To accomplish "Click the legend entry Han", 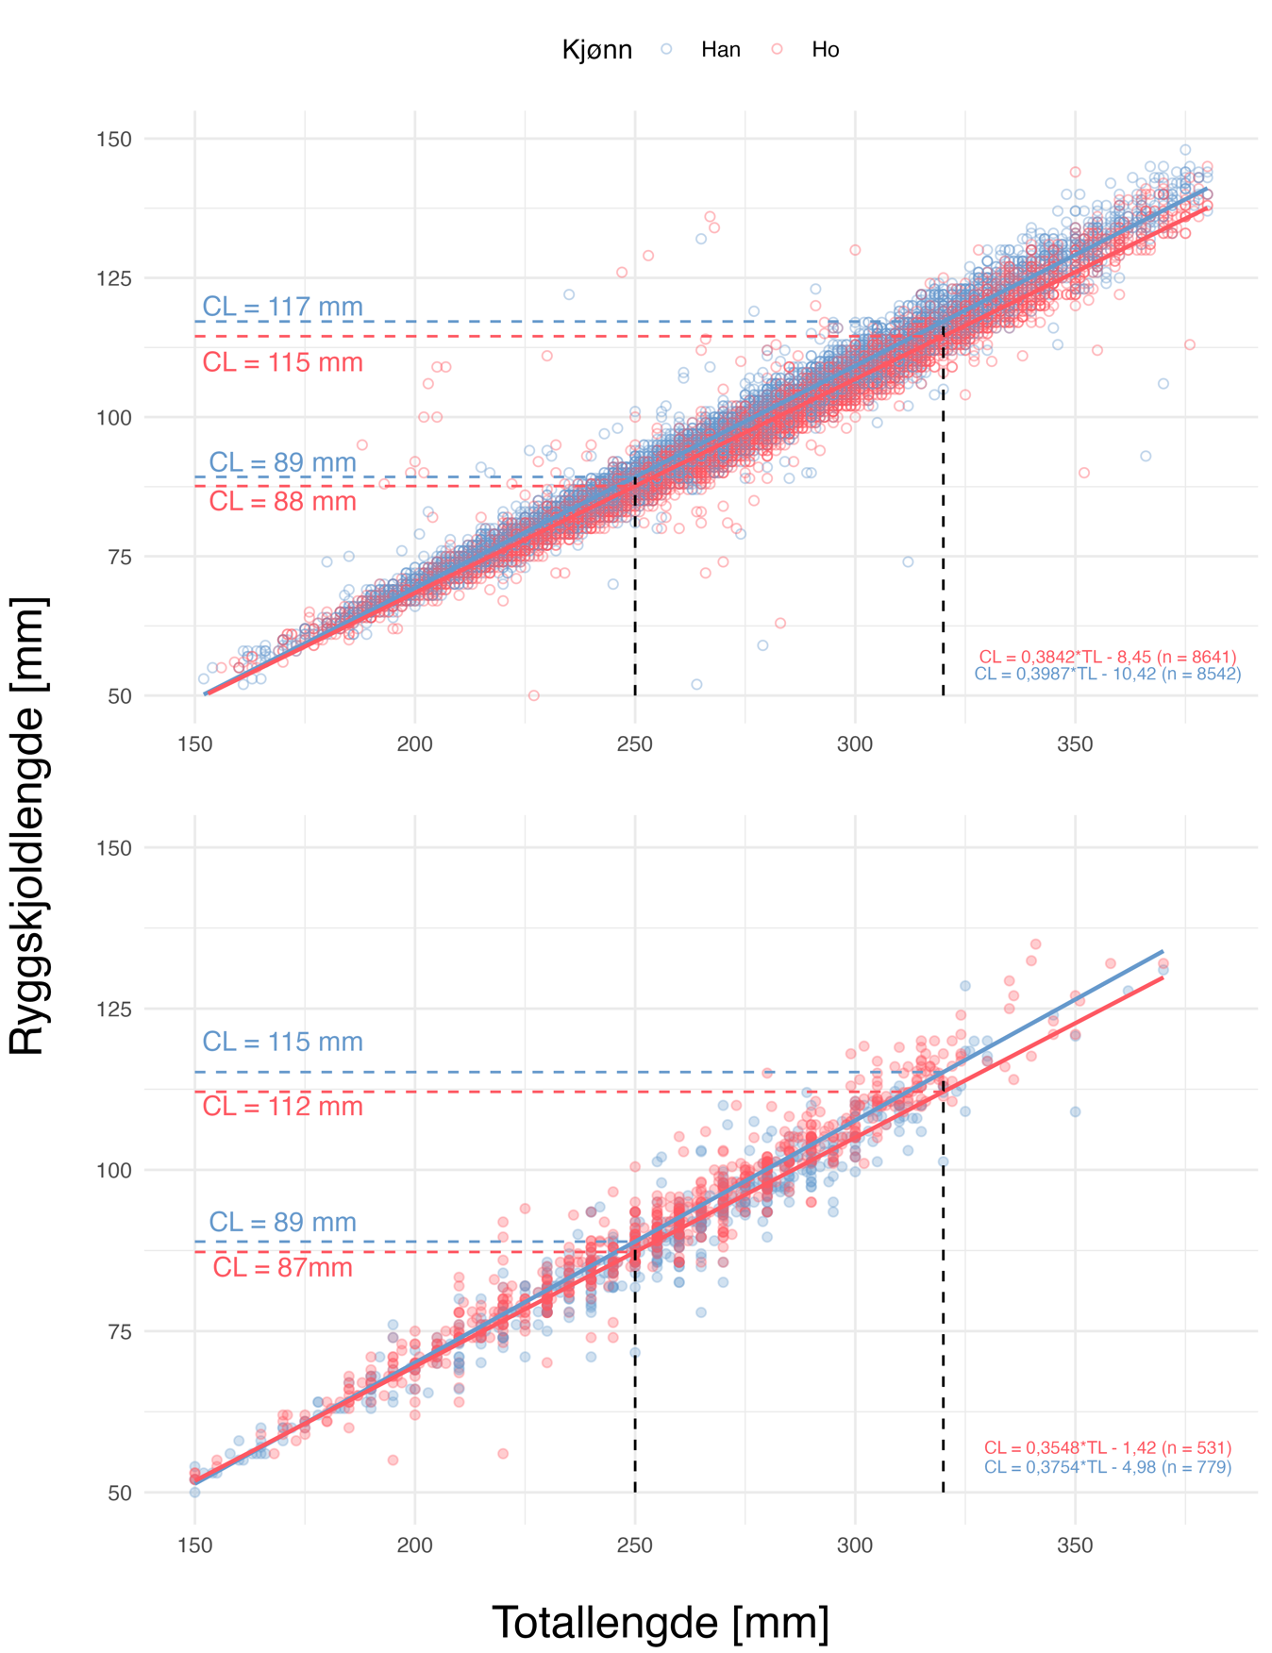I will (x=720, y=50).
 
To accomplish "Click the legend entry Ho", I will (x=825, y=50).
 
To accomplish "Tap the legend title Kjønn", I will (x=596, y=50).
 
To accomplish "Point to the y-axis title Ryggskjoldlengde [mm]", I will (x=27, y=826).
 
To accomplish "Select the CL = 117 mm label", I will (x=282, y=307).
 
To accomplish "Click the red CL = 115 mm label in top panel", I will (x=282, y=362).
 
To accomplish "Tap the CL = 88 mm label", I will (x=282, y=502).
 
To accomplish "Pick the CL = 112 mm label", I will (x=282, y=1106).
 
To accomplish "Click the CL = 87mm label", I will (x=282, y=1267).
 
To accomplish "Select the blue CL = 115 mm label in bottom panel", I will (x=282, y=1042).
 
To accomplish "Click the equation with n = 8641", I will (x=1107, y=657).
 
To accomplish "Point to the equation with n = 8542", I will (x=1107, y=674).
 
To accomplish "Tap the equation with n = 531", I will (x=1107, y=1447).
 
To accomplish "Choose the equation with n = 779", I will (x=1107, y=1467).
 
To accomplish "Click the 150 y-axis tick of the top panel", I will (x=114, y=140).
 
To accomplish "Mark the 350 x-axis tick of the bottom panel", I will (x=1075, y=1545).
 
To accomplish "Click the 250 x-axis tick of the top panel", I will (x=634, y=744).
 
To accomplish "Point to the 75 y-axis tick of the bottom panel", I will (x=119, y=1331).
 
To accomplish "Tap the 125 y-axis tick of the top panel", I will (x=114, y=278).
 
